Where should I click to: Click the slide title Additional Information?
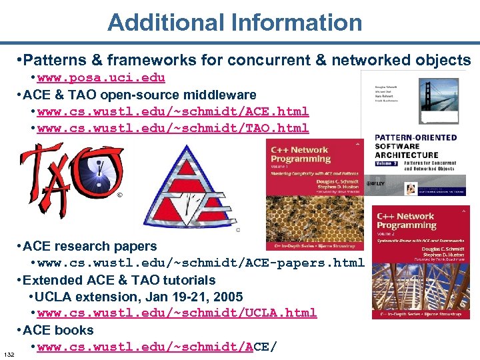coord(235,22)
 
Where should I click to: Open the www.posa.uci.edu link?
coord(101,78)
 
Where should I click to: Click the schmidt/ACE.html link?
coord(173,111)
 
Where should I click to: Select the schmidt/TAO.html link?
coord(173,128)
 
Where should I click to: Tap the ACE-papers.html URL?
coord(201,263)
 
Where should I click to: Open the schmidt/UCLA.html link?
coord(177,313)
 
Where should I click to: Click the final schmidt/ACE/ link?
coord(156,347)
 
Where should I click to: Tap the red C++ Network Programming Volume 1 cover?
coord(314,193)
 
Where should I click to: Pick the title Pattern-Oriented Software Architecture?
coord(415,146)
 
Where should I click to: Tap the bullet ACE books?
coord(58,330)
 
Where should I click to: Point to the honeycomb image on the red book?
coord(314,220)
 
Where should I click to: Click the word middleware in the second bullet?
coord(223,95)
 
